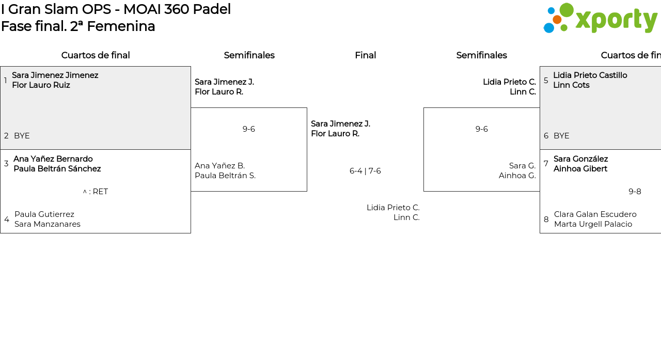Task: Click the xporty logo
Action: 600,19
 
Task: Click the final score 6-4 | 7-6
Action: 365,171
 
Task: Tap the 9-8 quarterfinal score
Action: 635,192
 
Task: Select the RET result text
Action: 96,192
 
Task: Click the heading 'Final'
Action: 365,55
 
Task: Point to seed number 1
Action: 6,81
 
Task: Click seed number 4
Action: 7,220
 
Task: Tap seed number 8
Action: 546,220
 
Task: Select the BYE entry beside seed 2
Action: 22,136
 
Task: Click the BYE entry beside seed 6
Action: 561,136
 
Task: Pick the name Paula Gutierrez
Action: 44,214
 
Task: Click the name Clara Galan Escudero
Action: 595,214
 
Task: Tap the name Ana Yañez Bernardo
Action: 53,159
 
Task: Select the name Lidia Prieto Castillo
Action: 590,75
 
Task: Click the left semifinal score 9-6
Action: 249,129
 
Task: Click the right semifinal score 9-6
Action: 481,129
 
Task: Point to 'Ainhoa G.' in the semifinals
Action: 517,176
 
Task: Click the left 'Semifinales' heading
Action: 249,55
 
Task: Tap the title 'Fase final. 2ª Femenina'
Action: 78,26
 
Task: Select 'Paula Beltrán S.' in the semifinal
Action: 225,176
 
